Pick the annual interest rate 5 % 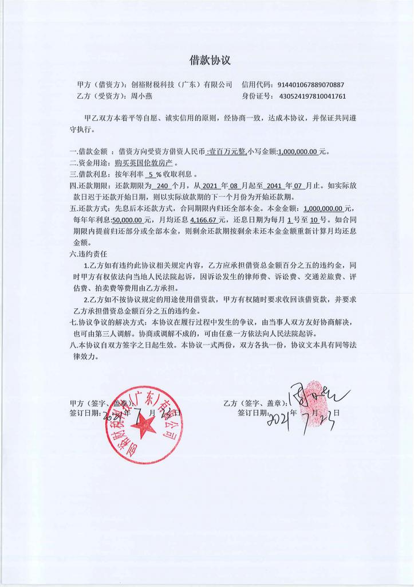(x=155, y=174)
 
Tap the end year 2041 (x=269, y=186)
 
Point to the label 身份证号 (x=258, y=96)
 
